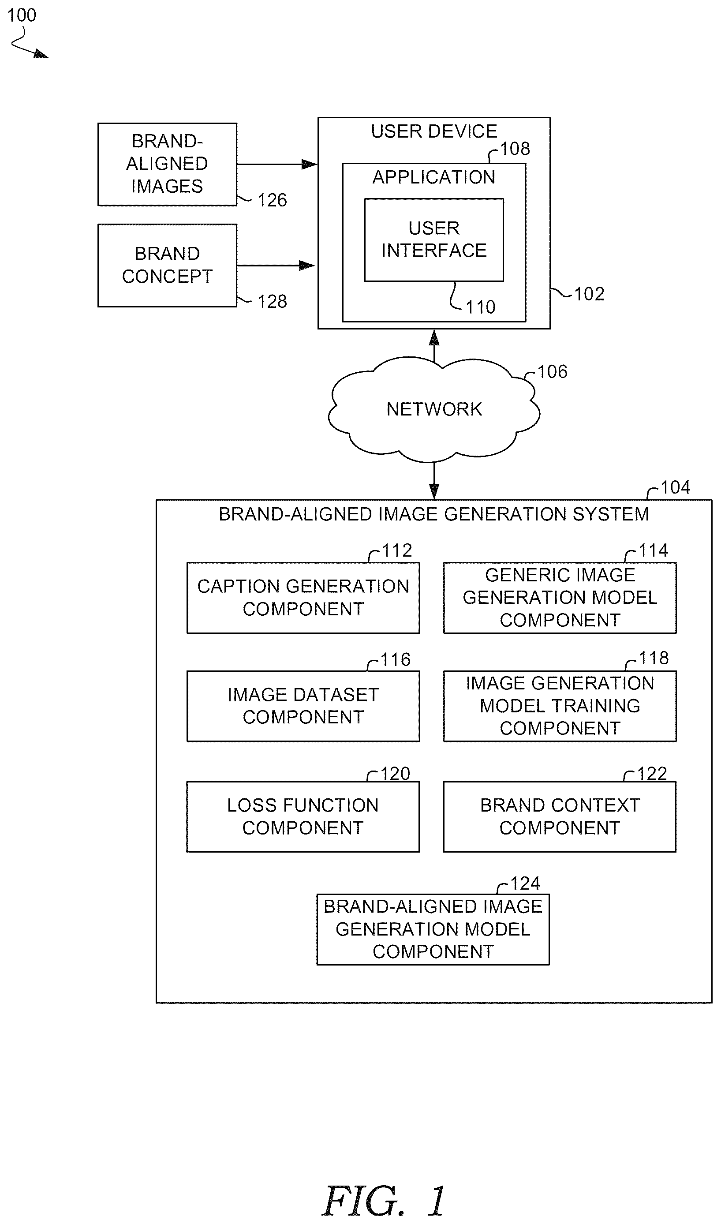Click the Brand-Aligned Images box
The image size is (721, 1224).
coord(167,164)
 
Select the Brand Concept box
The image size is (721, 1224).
coord(167,265)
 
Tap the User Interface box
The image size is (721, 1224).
coord(434,240)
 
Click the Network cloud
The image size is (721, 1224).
coord(434,409)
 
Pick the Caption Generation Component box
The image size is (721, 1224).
coord(303,598)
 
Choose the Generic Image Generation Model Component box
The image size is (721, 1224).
coord(560,598)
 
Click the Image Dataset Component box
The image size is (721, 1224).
coord(303,706)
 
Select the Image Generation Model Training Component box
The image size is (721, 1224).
coord(560,706)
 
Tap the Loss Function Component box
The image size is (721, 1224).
coord(303,817)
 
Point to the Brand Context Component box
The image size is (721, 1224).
coord(559,817)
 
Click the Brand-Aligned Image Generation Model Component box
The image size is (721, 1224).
coord(433,929)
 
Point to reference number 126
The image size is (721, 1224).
coord(272,200)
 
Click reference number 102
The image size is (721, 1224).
coord(589,294)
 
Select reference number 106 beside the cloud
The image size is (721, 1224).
coord(553,372)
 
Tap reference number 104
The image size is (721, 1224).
coord(675,487)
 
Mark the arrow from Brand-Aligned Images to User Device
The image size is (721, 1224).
coord(277,164)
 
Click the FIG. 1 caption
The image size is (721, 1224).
coord(384,1201)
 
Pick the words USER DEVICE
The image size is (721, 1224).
coord(434,131)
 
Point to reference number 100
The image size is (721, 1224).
coord(21,15)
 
